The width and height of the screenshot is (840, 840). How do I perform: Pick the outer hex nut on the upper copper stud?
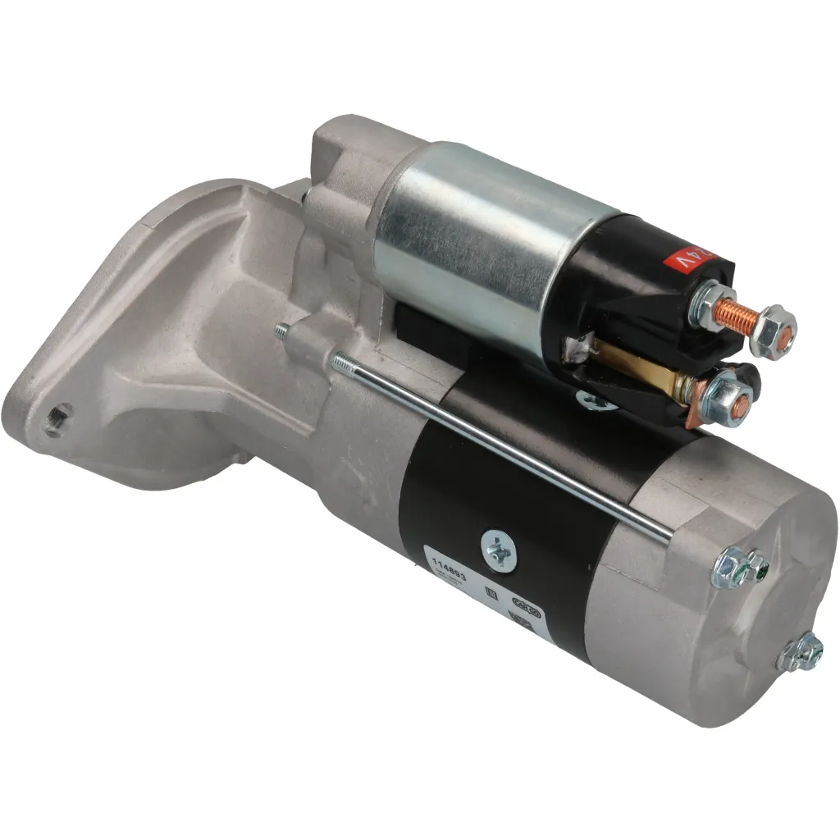(773, 331)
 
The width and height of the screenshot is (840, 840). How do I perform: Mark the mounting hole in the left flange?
(56, 421)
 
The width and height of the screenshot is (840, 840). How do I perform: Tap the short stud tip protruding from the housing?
(281, 330)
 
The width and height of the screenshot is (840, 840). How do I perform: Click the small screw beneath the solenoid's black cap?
(596, 401)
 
